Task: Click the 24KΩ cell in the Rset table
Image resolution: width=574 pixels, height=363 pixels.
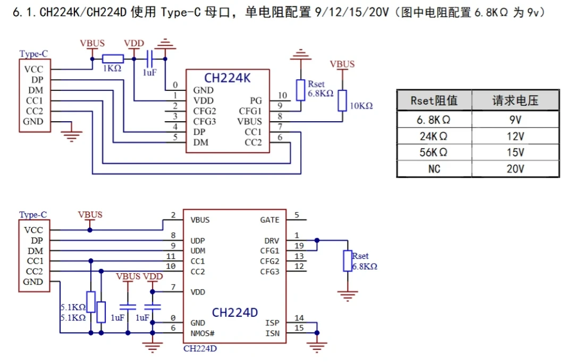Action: [x=434, y=136]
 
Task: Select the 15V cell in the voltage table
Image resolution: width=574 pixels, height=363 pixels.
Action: [x=515, y=152]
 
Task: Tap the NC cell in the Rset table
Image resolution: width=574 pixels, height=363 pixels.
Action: [x=434, y=168]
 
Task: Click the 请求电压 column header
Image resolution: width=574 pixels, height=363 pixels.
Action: [x=515, y=100]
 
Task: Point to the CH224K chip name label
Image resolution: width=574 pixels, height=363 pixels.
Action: [x=227, y=78]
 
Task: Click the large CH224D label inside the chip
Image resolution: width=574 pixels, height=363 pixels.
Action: [x=235, y=312]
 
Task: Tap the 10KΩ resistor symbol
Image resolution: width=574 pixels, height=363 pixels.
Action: [x=342, y=100]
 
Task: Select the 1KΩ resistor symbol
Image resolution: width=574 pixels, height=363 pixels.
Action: [x=113, y=58]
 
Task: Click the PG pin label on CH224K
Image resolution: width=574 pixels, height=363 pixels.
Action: [x=256, y=100]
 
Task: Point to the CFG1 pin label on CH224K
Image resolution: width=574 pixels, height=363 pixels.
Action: [x=250, y=111]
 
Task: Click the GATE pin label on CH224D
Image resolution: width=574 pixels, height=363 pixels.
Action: [x=269, y=220]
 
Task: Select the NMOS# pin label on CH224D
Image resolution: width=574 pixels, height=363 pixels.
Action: [x=202, y=333]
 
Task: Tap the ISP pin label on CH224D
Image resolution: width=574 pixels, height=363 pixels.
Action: [x=272, y=323]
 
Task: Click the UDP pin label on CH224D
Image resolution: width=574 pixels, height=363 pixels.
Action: [x=198, y=241]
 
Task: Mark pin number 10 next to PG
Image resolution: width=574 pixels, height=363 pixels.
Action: [x=282, y=96]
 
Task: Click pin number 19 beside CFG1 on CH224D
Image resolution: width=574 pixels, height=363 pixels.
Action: [x=299, y=246]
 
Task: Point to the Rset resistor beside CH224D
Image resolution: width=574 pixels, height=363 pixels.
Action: [x=348, y=261]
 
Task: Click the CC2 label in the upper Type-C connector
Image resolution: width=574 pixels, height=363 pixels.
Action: [x=35, y=111]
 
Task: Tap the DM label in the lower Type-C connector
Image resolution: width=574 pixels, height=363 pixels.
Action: [x=35, y=251]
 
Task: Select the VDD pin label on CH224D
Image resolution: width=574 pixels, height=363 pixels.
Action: [x=198, y=292]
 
